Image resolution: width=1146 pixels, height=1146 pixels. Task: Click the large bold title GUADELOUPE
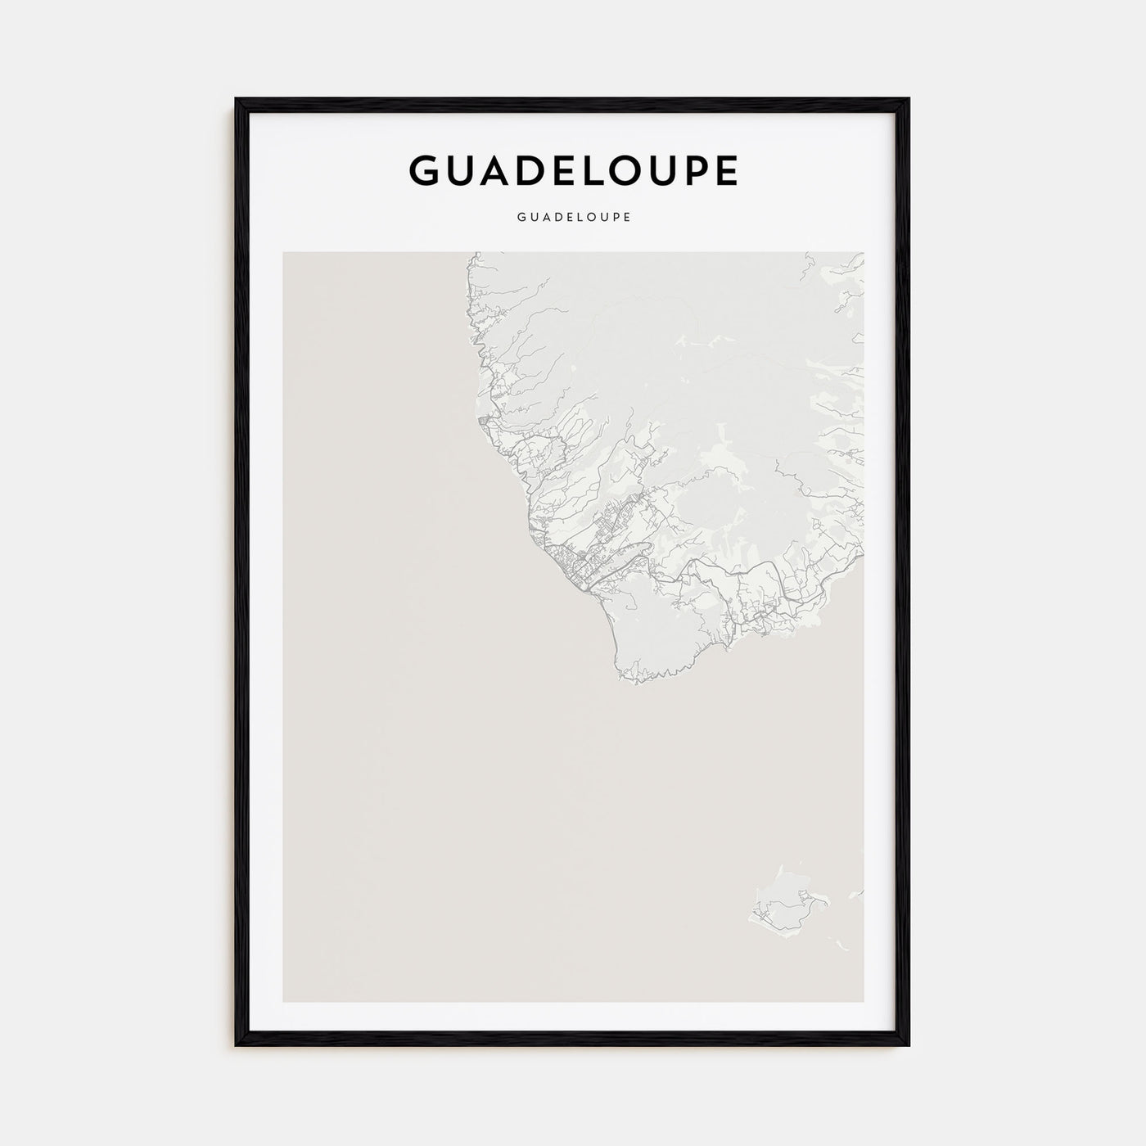(x=573, y=170)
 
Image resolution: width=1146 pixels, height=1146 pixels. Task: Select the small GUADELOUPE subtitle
(x=573, y=218)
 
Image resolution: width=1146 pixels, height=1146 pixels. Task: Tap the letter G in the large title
(x=426, y=170)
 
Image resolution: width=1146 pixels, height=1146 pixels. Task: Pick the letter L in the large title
(x=598, y=170)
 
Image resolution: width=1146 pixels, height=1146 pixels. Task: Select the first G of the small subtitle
(x=521, y=218)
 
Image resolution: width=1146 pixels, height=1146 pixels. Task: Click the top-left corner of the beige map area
(x=283, y=252)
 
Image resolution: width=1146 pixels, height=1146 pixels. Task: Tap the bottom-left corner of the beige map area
(x=283, y=1001)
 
